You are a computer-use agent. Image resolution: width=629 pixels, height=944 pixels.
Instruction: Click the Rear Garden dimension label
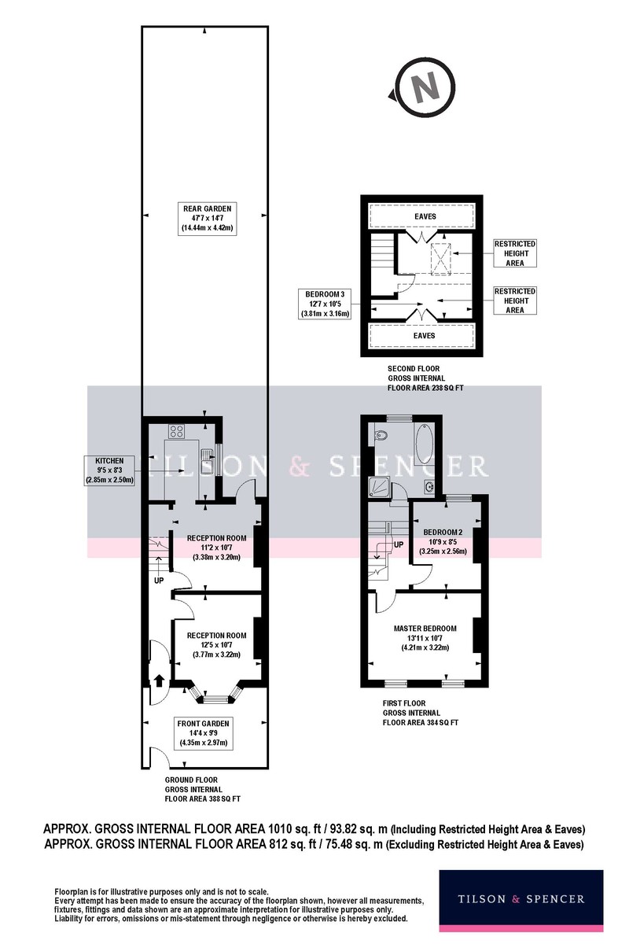pos(207,219)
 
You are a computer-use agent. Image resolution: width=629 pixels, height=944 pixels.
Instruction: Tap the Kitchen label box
pos(109,470)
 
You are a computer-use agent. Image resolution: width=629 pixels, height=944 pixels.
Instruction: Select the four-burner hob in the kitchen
pos(177,431)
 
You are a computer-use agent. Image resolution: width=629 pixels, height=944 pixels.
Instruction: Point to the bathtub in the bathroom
pos(425,444)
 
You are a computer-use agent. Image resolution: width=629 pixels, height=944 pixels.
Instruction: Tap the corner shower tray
pos(379,488)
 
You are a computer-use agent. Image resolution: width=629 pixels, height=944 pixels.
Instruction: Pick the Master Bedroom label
pos(425,637)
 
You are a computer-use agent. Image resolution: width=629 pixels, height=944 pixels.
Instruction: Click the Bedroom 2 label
pos(443,541)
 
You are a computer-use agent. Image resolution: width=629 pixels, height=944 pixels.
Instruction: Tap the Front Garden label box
pos(203,734)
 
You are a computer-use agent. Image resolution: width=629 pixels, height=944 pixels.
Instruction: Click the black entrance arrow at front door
pos(160,680)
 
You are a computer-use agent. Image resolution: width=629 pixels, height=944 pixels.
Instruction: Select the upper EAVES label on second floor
pos(425,216)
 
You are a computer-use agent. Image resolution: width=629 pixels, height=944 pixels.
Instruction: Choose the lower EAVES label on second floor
pos(424,336)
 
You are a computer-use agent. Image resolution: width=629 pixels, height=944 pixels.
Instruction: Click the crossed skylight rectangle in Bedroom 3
pos(441,259)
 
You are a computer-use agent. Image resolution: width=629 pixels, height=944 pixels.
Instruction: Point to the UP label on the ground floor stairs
pos(159,581)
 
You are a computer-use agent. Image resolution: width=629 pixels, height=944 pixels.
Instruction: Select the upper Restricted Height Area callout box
pos(515,253)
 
